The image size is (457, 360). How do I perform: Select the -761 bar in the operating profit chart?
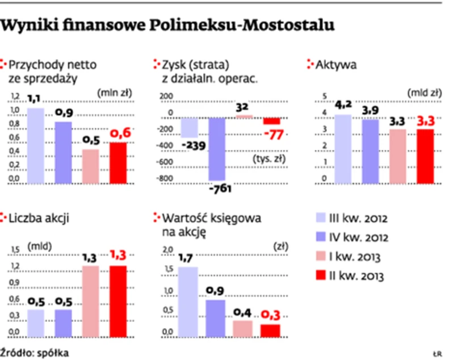(x=218, y=149)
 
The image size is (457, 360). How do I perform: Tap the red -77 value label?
(x=274, y=135)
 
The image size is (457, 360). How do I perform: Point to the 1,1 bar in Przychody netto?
(x=35, y=146)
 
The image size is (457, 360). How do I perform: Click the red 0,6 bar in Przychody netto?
(x=118, y=163)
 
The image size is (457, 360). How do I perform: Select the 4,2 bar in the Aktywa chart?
(x=343, y=149)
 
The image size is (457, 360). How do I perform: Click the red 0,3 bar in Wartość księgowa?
(x=270, y=330)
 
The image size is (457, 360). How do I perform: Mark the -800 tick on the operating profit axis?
(x=166, y=179)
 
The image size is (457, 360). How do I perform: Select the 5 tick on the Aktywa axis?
(x=325, y=95)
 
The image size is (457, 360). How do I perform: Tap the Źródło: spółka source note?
(x=35, y=352)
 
